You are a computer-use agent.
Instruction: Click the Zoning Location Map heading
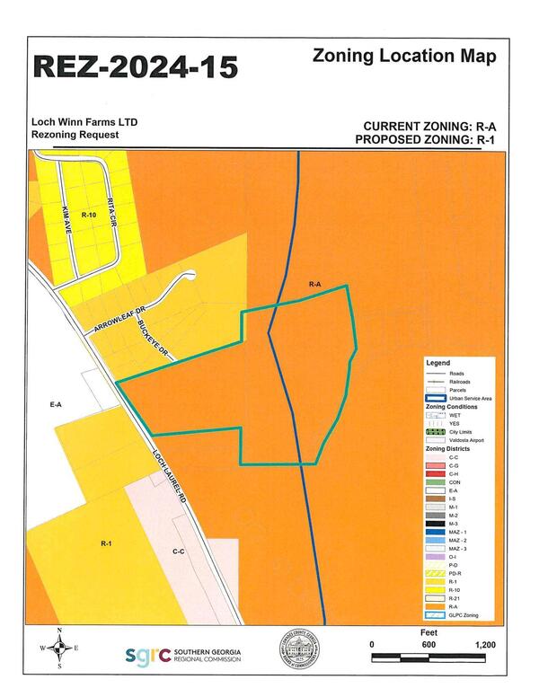[403, 55]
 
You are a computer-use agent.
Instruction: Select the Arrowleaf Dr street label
[115, 322]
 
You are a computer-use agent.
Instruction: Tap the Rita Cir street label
[111, 212]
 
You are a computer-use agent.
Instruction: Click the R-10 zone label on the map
[87, 216]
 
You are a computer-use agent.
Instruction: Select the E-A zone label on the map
[55, 405]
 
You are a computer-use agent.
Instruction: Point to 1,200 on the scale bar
[484, 645]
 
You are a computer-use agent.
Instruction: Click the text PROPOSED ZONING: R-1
[425, 139]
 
